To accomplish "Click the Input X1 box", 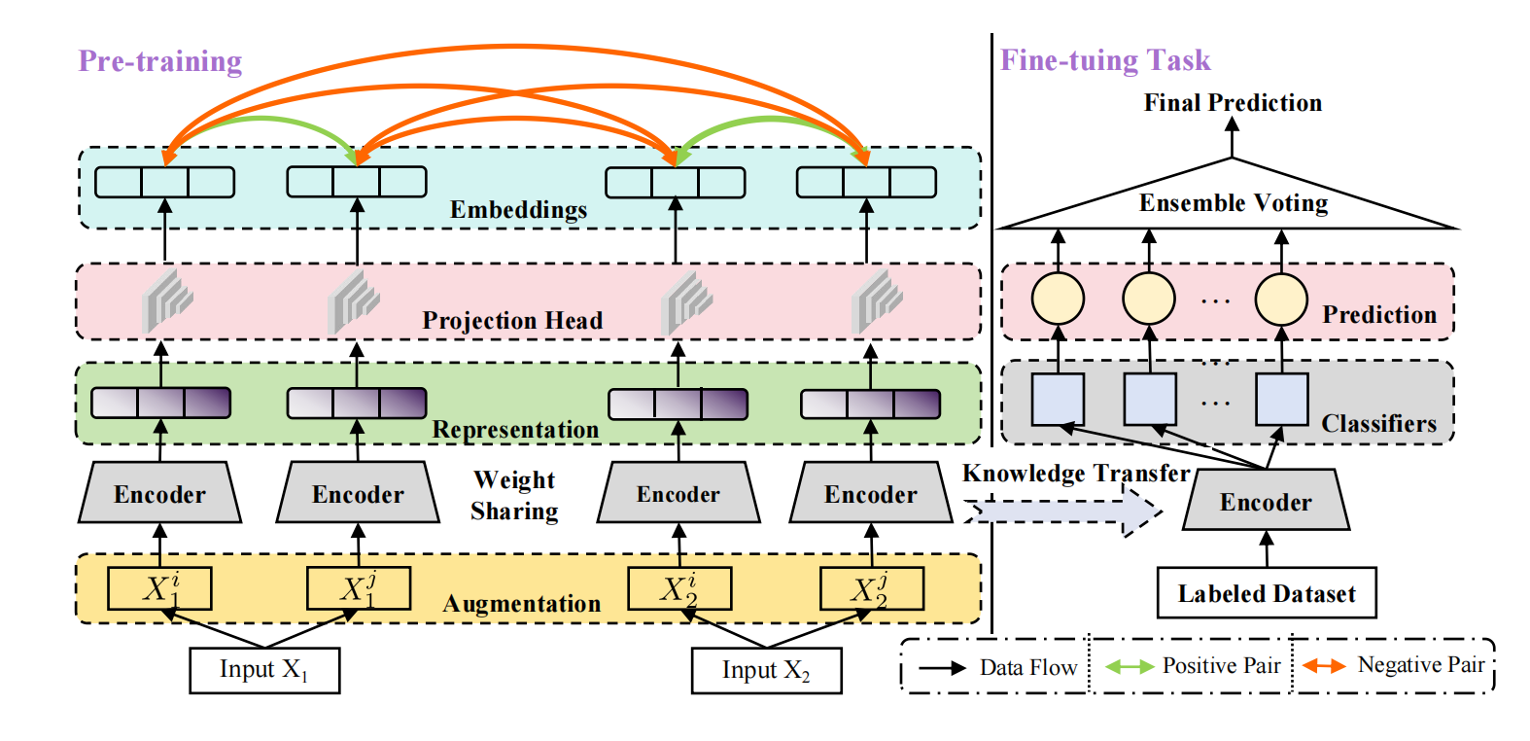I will pyautogui.click(x=263, y=670).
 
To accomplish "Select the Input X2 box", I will pyautogui.click(x=766, y=670).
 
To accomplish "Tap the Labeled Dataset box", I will pyautogui.click(x=1266, y=593).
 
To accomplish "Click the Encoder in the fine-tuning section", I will pyautogui.click(x=1266, y=502).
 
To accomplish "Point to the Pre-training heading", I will pyautogui.click(x=159, y=61).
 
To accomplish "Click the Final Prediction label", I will pyautogui.click(x=1232, y=103).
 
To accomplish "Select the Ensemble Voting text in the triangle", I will pyautogui.click(x=1233, y=203).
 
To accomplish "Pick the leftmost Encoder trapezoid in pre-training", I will pyautogui.click(x=159, y=494).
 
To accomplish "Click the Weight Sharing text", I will pyautogui.click(x=514, y=495).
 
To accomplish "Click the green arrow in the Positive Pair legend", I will pyautogui.click(x=1130, y=667).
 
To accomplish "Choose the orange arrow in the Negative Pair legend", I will pyautogui.click(x=1324, y=666).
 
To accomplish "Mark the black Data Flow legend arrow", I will pyautogui.click(x=942, y=668).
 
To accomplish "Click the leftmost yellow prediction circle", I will pyautogui.click(x=1058, y=299).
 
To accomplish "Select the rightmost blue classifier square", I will pyautogui.click(x=1281, y=400).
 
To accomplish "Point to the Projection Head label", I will pyautogui.click(x=512, y=321).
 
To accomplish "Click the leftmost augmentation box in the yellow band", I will pyautogui.click(x=159, y=588).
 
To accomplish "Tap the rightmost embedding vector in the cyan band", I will pyautogui.click(x=866, y=182).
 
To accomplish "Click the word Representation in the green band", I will pyautogui.click(x=514, y=430).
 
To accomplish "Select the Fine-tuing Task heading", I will pyautogui.click(x=1105, y=61).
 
